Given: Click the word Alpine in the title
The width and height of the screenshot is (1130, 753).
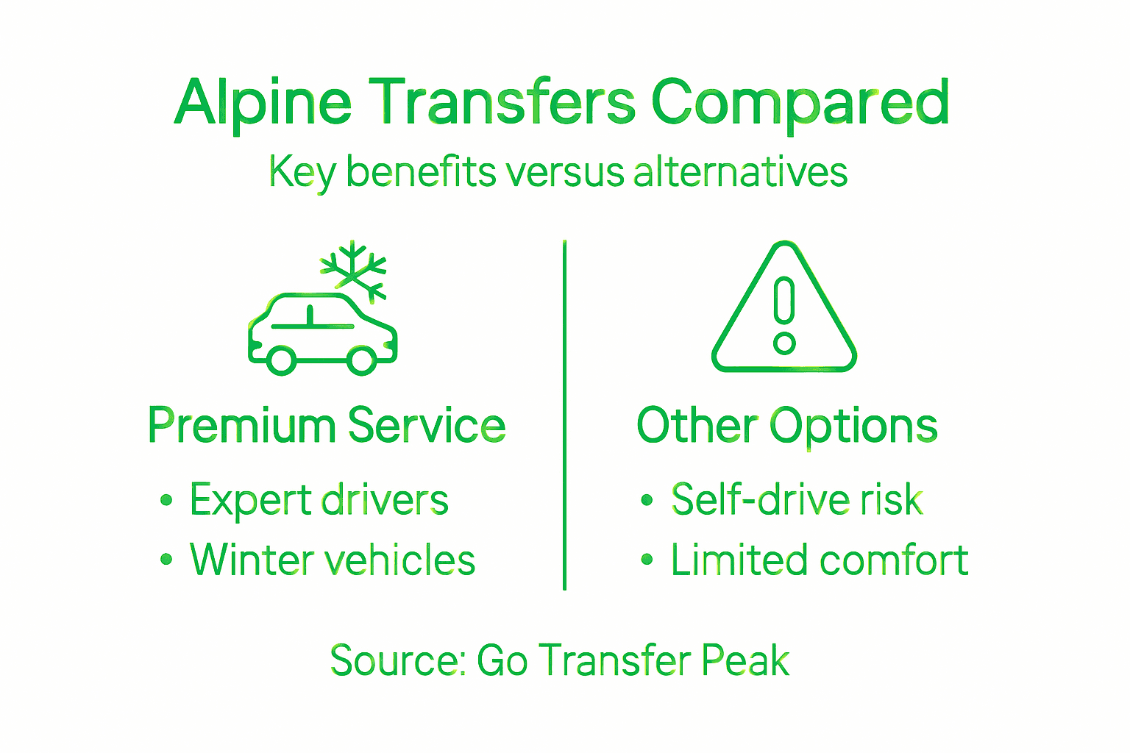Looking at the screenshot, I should (x=263, y=103).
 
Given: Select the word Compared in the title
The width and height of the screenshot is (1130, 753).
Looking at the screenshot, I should (x=800, y=103).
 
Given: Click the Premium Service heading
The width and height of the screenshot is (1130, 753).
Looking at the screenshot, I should (x=327, y=426).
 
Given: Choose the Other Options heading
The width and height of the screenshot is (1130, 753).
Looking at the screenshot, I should (x=786, y=426).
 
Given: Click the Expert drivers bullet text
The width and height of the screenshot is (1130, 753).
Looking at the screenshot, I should (x=319, y=501).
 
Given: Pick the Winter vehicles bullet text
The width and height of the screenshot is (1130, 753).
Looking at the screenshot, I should (x=332, y=560).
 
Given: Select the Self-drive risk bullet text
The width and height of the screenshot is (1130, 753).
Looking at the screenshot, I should (x=797, y=501).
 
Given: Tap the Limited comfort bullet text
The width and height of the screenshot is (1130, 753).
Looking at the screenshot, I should (x=819, y=560).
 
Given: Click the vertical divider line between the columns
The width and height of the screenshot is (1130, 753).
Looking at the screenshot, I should (x=564, y=412).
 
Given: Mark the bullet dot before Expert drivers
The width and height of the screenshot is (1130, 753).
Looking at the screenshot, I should (x=166, y=501).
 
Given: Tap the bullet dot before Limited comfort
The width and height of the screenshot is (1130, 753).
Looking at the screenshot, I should (x=647, y=560).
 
